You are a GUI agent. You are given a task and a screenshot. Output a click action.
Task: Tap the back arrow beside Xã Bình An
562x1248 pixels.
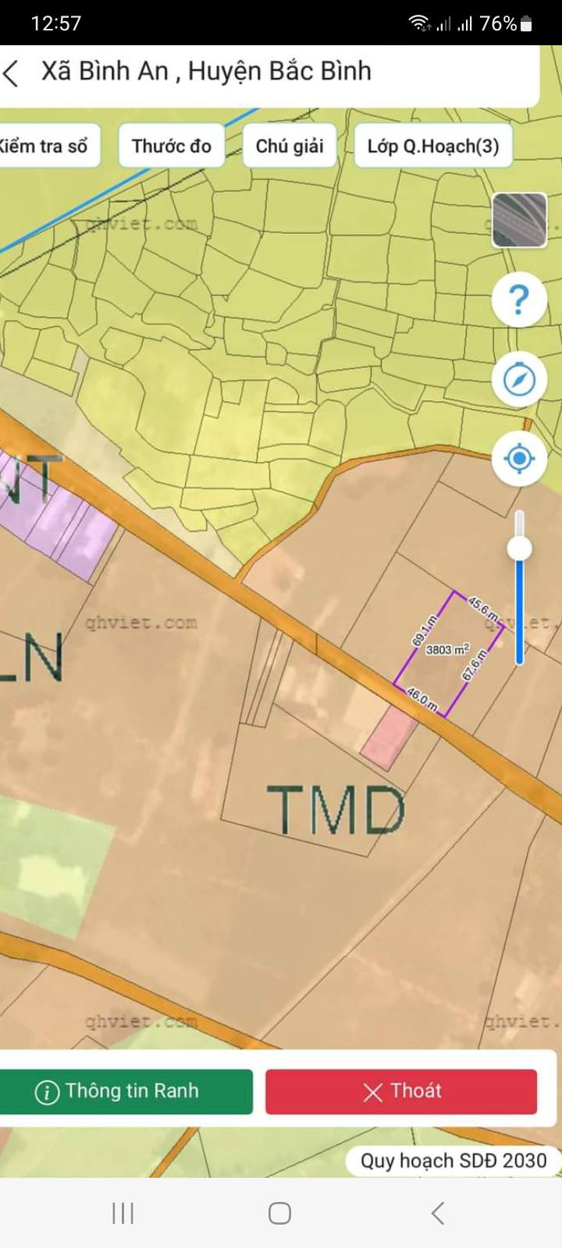(11, 73)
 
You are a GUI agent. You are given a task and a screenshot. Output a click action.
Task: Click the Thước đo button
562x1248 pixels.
(172, 146)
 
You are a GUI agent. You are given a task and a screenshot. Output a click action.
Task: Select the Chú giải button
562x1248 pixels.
(290, 146)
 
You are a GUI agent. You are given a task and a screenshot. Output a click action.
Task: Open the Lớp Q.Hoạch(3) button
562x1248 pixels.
(433, 146)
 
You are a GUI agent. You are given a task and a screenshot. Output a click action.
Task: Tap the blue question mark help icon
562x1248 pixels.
(519, 300)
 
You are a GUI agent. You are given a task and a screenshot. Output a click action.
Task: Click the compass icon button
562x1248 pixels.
(519, 380)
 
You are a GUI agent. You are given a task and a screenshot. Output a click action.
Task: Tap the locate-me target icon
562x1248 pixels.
(519, 458)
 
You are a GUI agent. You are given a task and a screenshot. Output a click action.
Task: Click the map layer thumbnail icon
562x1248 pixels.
(519, 220)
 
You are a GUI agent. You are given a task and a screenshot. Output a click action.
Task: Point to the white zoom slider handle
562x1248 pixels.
(519, 548)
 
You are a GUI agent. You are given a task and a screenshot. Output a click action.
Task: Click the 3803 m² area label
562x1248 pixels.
(447, 649)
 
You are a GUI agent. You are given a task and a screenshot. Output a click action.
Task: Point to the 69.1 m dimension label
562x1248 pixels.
(425, 630)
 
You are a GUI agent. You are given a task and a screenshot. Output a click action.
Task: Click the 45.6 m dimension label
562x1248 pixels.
(483, 609)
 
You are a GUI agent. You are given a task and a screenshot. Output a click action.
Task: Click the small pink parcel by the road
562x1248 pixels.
(389, 738)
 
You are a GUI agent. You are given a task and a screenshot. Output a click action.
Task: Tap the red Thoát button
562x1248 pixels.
(401, 1090)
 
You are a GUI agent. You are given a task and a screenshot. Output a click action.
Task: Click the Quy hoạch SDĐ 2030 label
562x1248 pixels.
(453, 1161)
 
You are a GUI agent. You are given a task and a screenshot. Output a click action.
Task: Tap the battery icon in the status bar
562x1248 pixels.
(527, 24)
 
